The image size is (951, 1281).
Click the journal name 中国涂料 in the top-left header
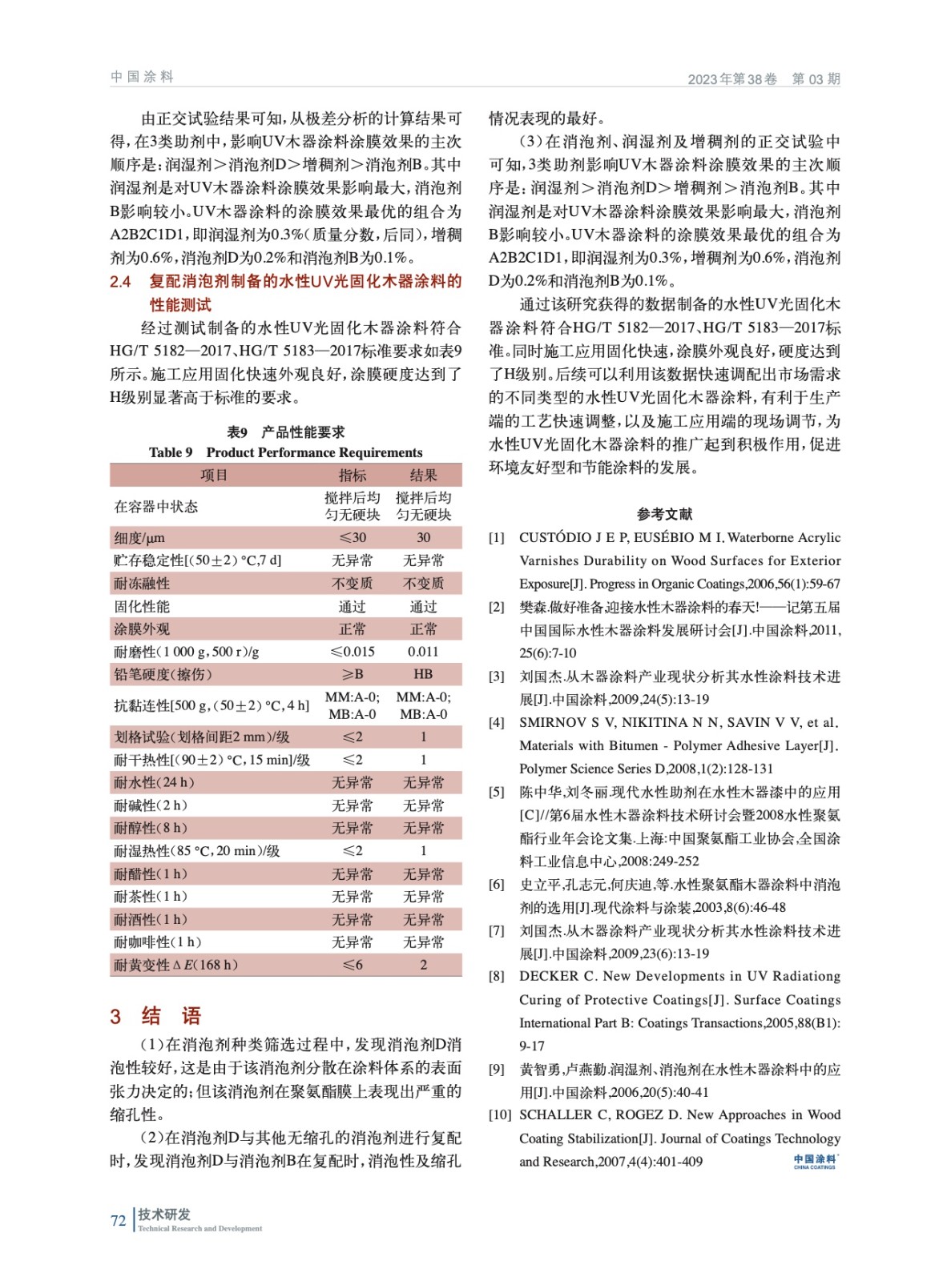pos(142,77)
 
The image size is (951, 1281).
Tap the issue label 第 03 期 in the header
pos(816,78)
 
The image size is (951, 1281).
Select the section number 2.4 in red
pos(120,282)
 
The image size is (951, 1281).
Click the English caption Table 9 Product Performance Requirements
pos(285,452)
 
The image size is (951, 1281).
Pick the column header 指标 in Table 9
pos(353,475)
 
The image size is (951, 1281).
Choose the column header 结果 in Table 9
pos(423,475)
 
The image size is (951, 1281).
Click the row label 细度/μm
pos(139,538)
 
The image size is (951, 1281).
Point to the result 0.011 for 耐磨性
pos(423,652)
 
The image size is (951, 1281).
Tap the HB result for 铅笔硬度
pos(423,674)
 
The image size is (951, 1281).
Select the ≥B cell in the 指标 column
pos(353,674)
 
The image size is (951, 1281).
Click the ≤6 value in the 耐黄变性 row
pos(353,965)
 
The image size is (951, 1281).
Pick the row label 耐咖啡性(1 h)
pos(158,942)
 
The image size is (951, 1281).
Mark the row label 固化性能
pos(142,607)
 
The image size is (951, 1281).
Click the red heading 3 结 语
pos(155,1016)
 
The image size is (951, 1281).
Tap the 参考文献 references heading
pos(664,514)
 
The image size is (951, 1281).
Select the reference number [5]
pos(497,793)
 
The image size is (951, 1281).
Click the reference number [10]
pos(500,1115)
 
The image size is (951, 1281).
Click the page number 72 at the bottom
pos(119,1221)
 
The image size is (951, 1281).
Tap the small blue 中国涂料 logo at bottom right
pos(815,1161)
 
